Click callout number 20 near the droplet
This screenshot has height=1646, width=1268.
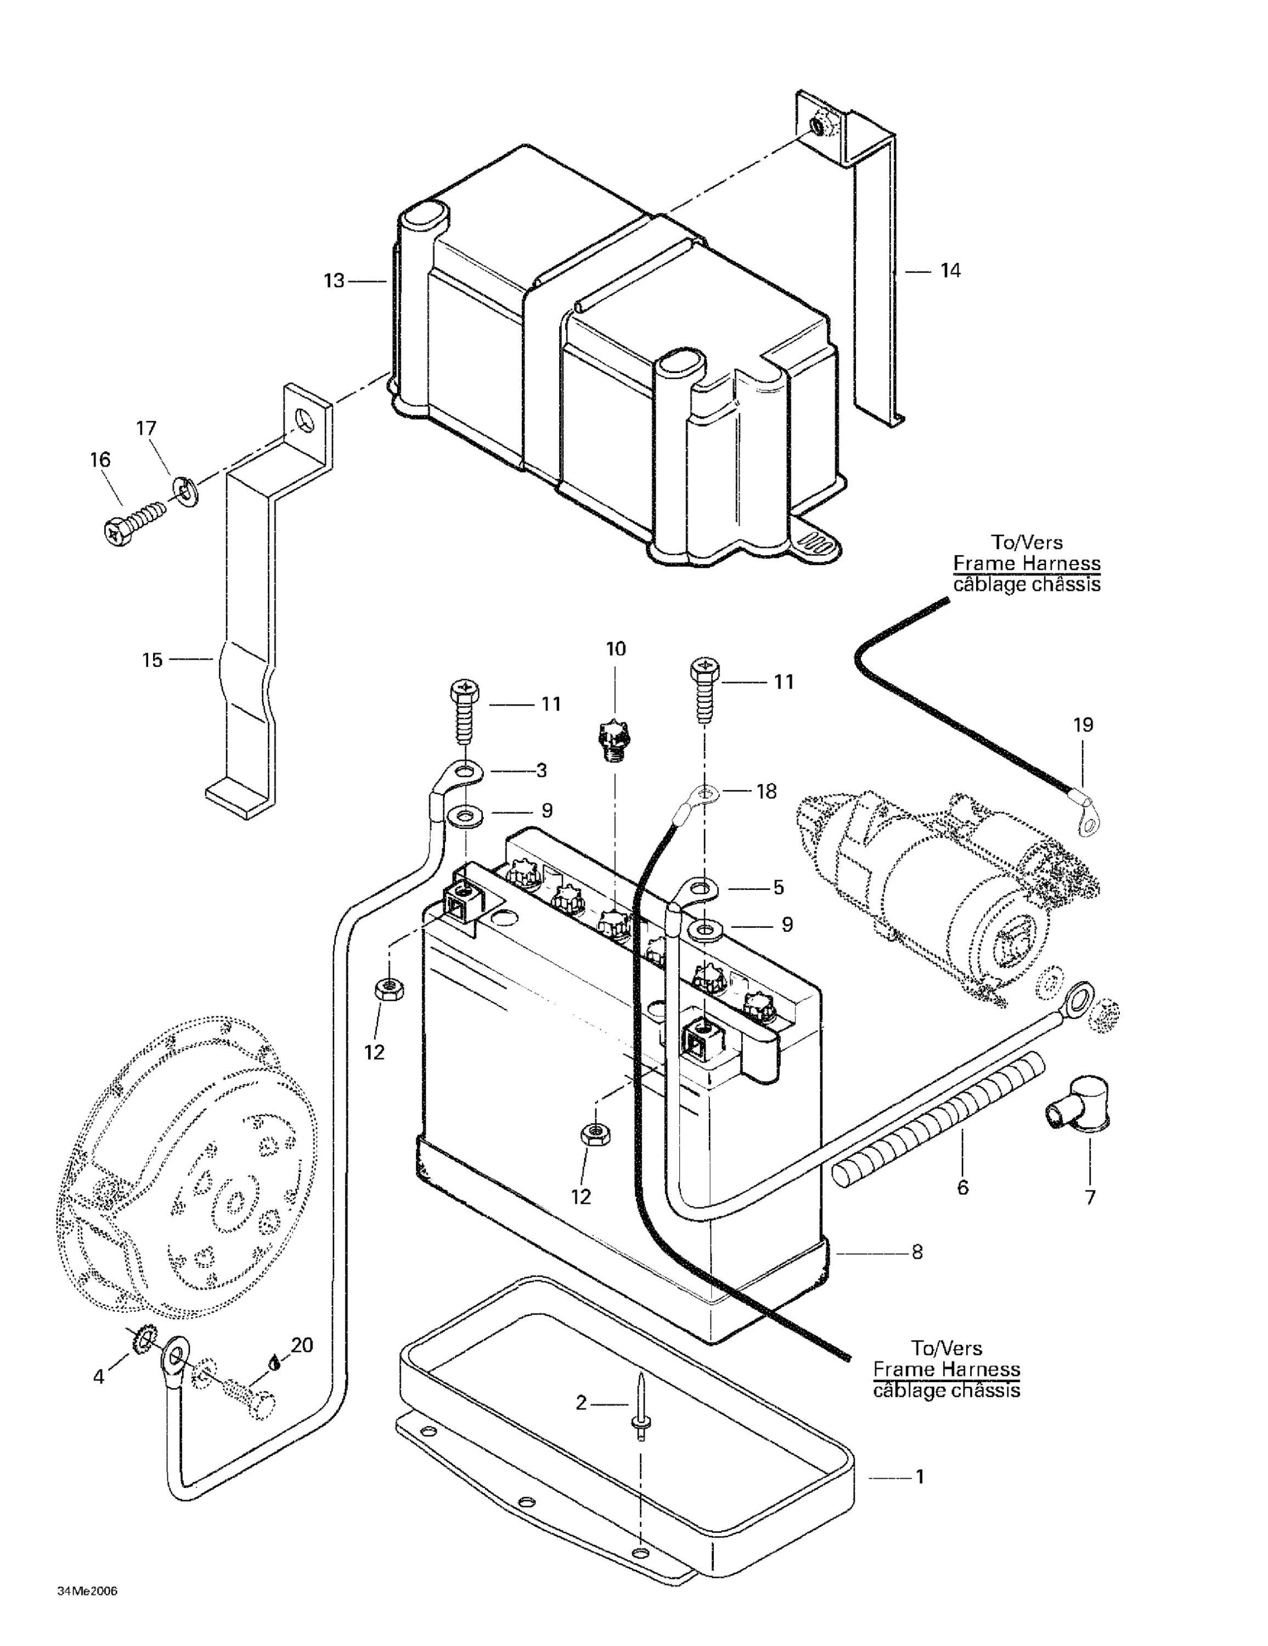pos(302,1345)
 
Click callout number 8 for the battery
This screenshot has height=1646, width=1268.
pos(917,1252)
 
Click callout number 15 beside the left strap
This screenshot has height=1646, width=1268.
pos(153,660)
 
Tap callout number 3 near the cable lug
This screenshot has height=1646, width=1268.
pos(542,770)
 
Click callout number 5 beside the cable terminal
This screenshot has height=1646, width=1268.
pos(779,888)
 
